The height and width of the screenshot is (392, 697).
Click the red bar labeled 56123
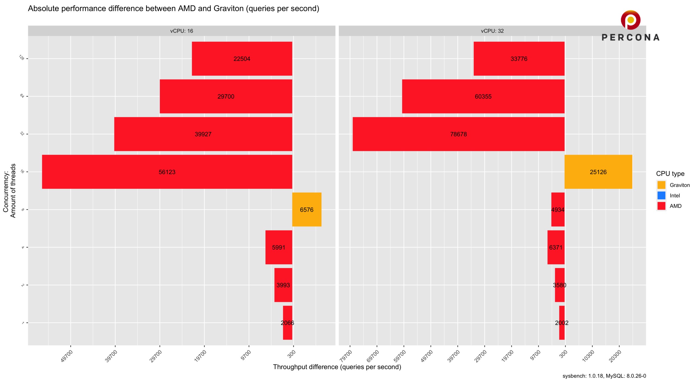coord(167,172)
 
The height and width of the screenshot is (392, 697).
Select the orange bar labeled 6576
coord(307,209)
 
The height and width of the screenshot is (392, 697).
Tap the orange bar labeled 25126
coord(598,172)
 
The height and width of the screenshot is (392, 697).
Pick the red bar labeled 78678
coord(458,134)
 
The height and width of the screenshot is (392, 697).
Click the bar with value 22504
coord(242,59)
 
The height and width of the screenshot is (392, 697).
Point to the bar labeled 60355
coord(483,96)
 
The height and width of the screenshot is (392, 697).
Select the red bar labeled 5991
coord(279,247)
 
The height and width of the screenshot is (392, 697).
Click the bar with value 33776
coord(519,59)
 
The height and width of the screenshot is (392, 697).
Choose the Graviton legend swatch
coord(661,185)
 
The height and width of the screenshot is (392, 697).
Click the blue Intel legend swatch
coord(661,195)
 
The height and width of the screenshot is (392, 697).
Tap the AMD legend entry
coord(675,206)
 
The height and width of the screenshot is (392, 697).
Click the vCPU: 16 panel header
coord(182,31)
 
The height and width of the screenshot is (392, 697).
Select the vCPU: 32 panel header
coord(492,31)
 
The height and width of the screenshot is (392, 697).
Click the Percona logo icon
coord(630,20)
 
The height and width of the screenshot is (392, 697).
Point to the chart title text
coord(173,9)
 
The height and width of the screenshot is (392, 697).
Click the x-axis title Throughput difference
coord(337,367)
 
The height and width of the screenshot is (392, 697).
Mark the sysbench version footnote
coord(604,376)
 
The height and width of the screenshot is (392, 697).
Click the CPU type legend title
coord(670,174)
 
